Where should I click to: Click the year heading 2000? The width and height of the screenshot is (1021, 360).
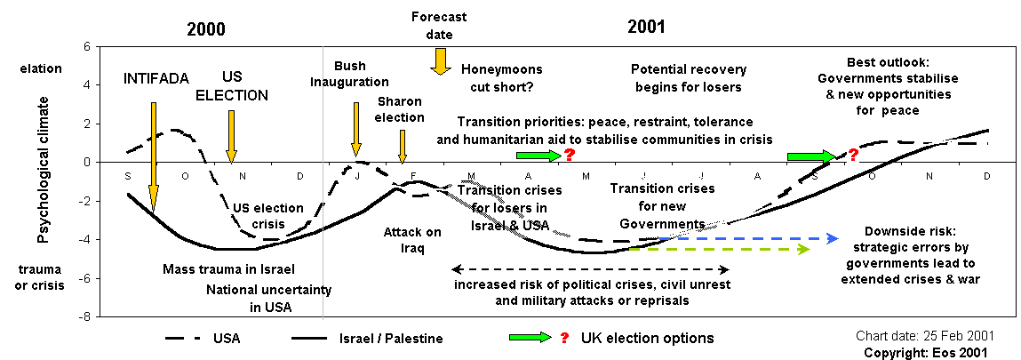click(205, 28)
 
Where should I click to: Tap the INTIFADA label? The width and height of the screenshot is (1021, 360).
click(156, 78)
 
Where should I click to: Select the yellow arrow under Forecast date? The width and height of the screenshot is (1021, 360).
click(439, 60)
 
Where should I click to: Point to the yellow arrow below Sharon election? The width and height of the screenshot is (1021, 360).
click(403, 145)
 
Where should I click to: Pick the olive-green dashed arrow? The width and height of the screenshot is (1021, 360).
click(720, 249)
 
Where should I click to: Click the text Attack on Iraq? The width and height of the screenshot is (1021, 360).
click(412, 240)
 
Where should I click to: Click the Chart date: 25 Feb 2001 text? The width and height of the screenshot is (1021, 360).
click(924, 336)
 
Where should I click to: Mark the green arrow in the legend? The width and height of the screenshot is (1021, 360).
click(530, 338)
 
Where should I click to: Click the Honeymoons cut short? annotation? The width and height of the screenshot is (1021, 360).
click(501, 78)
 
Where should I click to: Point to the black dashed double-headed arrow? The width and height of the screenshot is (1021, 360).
click(590, 268)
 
